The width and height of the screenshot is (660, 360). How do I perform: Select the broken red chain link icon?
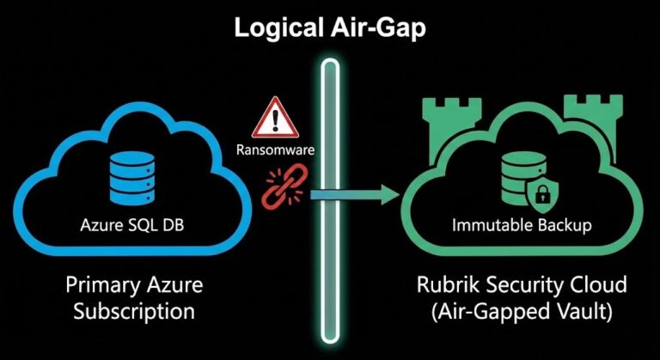point(279,189)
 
